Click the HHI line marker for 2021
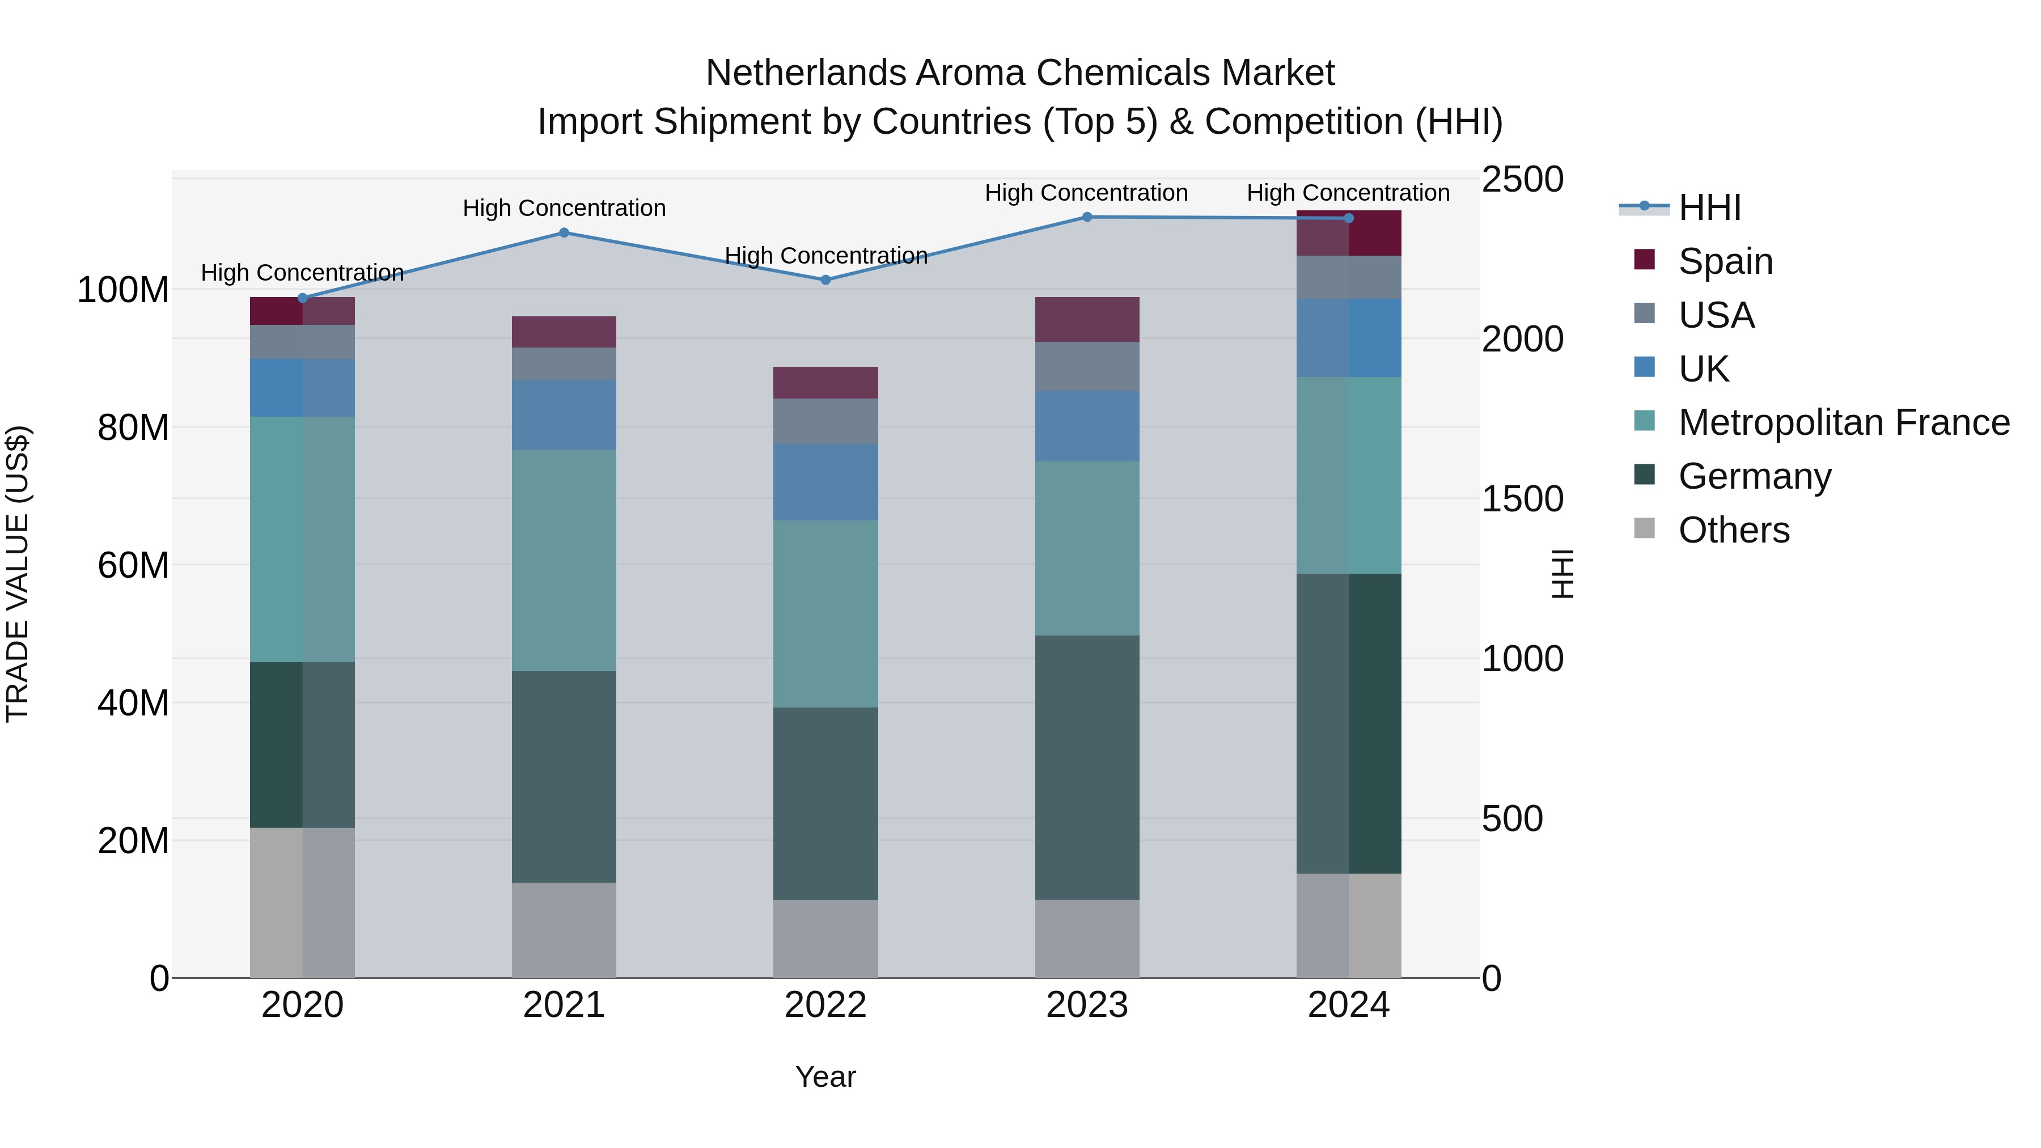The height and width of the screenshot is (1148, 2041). [x=564, y=233]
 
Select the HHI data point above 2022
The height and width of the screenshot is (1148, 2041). [x=825, y=279]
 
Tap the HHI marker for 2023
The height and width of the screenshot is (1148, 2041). [x=1086, y=217]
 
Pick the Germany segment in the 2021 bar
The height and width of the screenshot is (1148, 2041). [x=564, y=777]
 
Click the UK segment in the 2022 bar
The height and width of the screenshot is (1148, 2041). [x=825, y=482]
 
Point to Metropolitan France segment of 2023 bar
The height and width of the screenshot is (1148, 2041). [x=1086, y=548]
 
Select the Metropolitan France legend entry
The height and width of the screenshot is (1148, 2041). [x=1843, y=422]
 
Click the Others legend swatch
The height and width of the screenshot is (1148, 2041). [x=1644, y=528]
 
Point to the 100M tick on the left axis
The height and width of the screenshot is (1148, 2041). [x=123, y=290]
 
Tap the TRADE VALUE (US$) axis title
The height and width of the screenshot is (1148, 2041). [x=18, y=574]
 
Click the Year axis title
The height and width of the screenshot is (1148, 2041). [x=825, y=1077]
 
